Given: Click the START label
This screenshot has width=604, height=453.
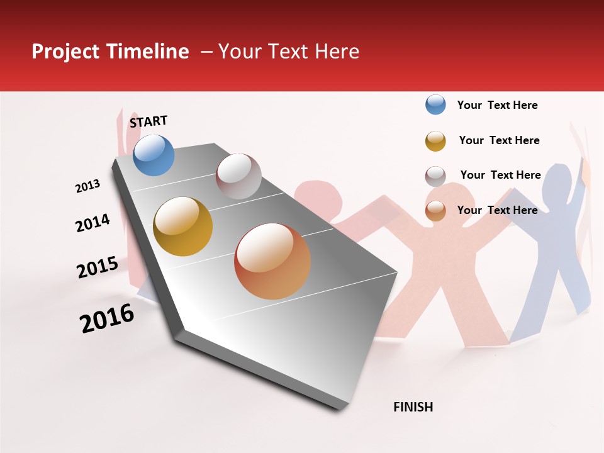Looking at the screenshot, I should pyautogui.click(x=148, y=121).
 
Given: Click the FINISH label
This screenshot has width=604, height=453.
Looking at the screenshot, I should pyautogui.click(x=413, y=407).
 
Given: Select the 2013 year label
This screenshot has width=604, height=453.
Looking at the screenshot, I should pyautogui.click(x=87, y=186).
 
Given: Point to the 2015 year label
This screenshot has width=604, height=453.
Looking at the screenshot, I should pyautogui.click(x=98, y=267).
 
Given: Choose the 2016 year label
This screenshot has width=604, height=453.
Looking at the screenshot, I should pyautogui.click(x=107, y=318).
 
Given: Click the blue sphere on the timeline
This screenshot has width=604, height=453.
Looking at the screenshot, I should pyautogui.click(x=154, y=155).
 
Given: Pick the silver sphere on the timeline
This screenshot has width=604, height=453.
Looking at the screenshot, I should pyautogui.click(x=238, y=176).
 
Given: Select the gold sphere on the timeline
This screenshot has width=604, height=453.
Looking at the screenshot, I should pyautogui.click(x=182, y=226).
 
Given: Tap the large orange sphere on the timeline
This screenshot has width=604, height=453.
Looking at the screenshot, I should pyautogui.click(x=272, y=261).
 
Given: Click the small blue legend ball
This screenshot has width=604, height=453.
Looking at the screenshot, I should pyautogui.click(x=435, y=105).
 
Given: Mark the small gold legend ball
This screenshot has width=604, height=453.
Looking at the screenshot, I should pyautogui.click(x=435, y=141).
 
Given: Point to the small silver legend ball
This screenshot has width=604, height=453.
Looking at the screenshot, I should pyautogui.click(x=435, y=176).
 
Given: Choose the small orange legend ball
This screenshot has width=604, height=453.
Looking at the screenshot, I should pyautogui.click(x=435, y=211).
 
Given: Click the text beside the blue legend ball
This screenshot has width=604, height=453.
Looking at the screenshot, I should pyautogui.click(x=497, y=106).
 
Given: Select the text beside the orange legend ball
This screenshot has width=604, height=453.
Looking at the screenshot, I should pyautogui.click(x=497, y=210).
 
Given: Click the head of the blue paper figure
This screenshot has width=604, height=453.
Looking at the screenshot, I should pyautogui.click(x=557, y=182).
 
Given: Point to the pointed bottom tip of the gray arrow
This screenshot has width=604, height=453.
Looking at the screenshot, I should pyautogui.click(x=340, y=409).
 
